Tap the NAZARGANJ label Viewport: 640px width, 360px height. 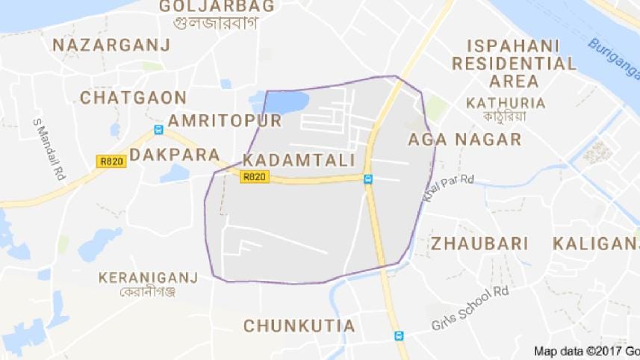[x=111, y=45]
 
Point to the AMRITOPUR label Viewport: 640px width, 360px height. [x=224, y=121]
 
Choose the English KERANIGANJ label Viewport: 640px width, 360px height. [x=148, y=278]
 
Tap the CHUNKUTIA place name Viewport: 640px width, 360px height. [x=299, y=326]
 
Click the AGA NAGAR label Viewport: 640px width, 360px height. [x=464, y=139]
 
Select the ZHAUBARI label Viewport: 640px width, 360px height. [x=479, y=243]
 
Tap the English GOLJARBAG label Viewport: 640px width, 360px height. [x=217, y=7]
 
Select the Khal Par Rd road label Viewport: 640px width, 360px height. [x=448, y=184]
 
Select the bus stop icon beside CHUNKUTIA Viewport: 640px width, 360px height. [x=399, y=336]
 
